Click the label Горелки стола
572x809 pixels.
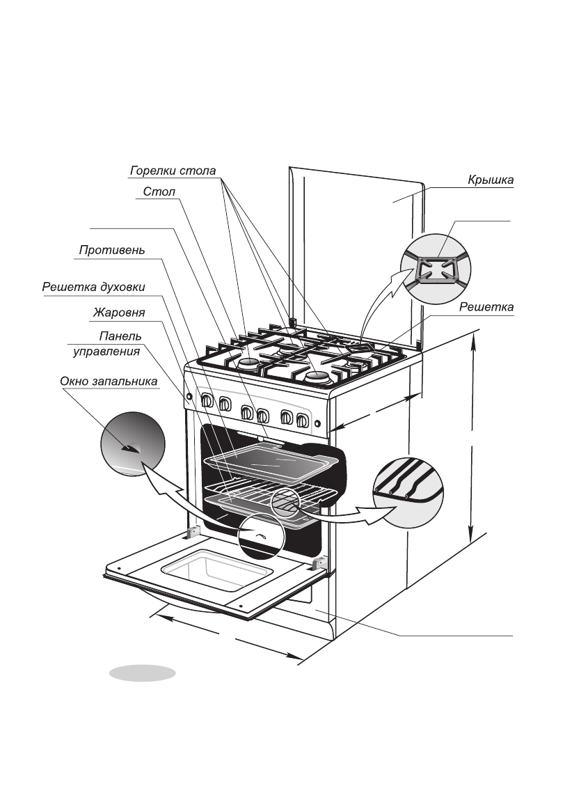coord(173,171)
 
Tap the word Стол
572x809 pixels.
coord(159,192)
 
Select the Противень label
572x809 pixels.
coord(112,250)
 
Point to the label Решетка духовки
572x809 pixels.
coord(93,287)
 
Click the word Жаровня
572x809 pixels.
coord(119,312)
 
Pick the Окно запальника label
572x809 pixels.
coord(109,382)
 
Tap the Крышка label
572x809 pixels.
coord(491,180)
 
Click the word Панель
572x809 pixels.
coord(120,336)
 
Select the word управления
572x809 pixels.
coord(106,352)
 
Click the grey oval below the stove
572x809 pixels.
coord(142,673)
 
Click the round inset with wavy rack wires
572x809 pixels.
coord(408,493)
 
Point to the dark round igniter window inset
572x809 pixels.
coord(132,445)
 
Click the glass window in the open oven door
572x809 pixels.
coord(213,570)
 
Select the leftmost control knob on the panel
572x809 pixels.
coord(207,400)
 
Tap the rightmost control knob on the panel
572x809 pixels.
coord(303,420)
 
